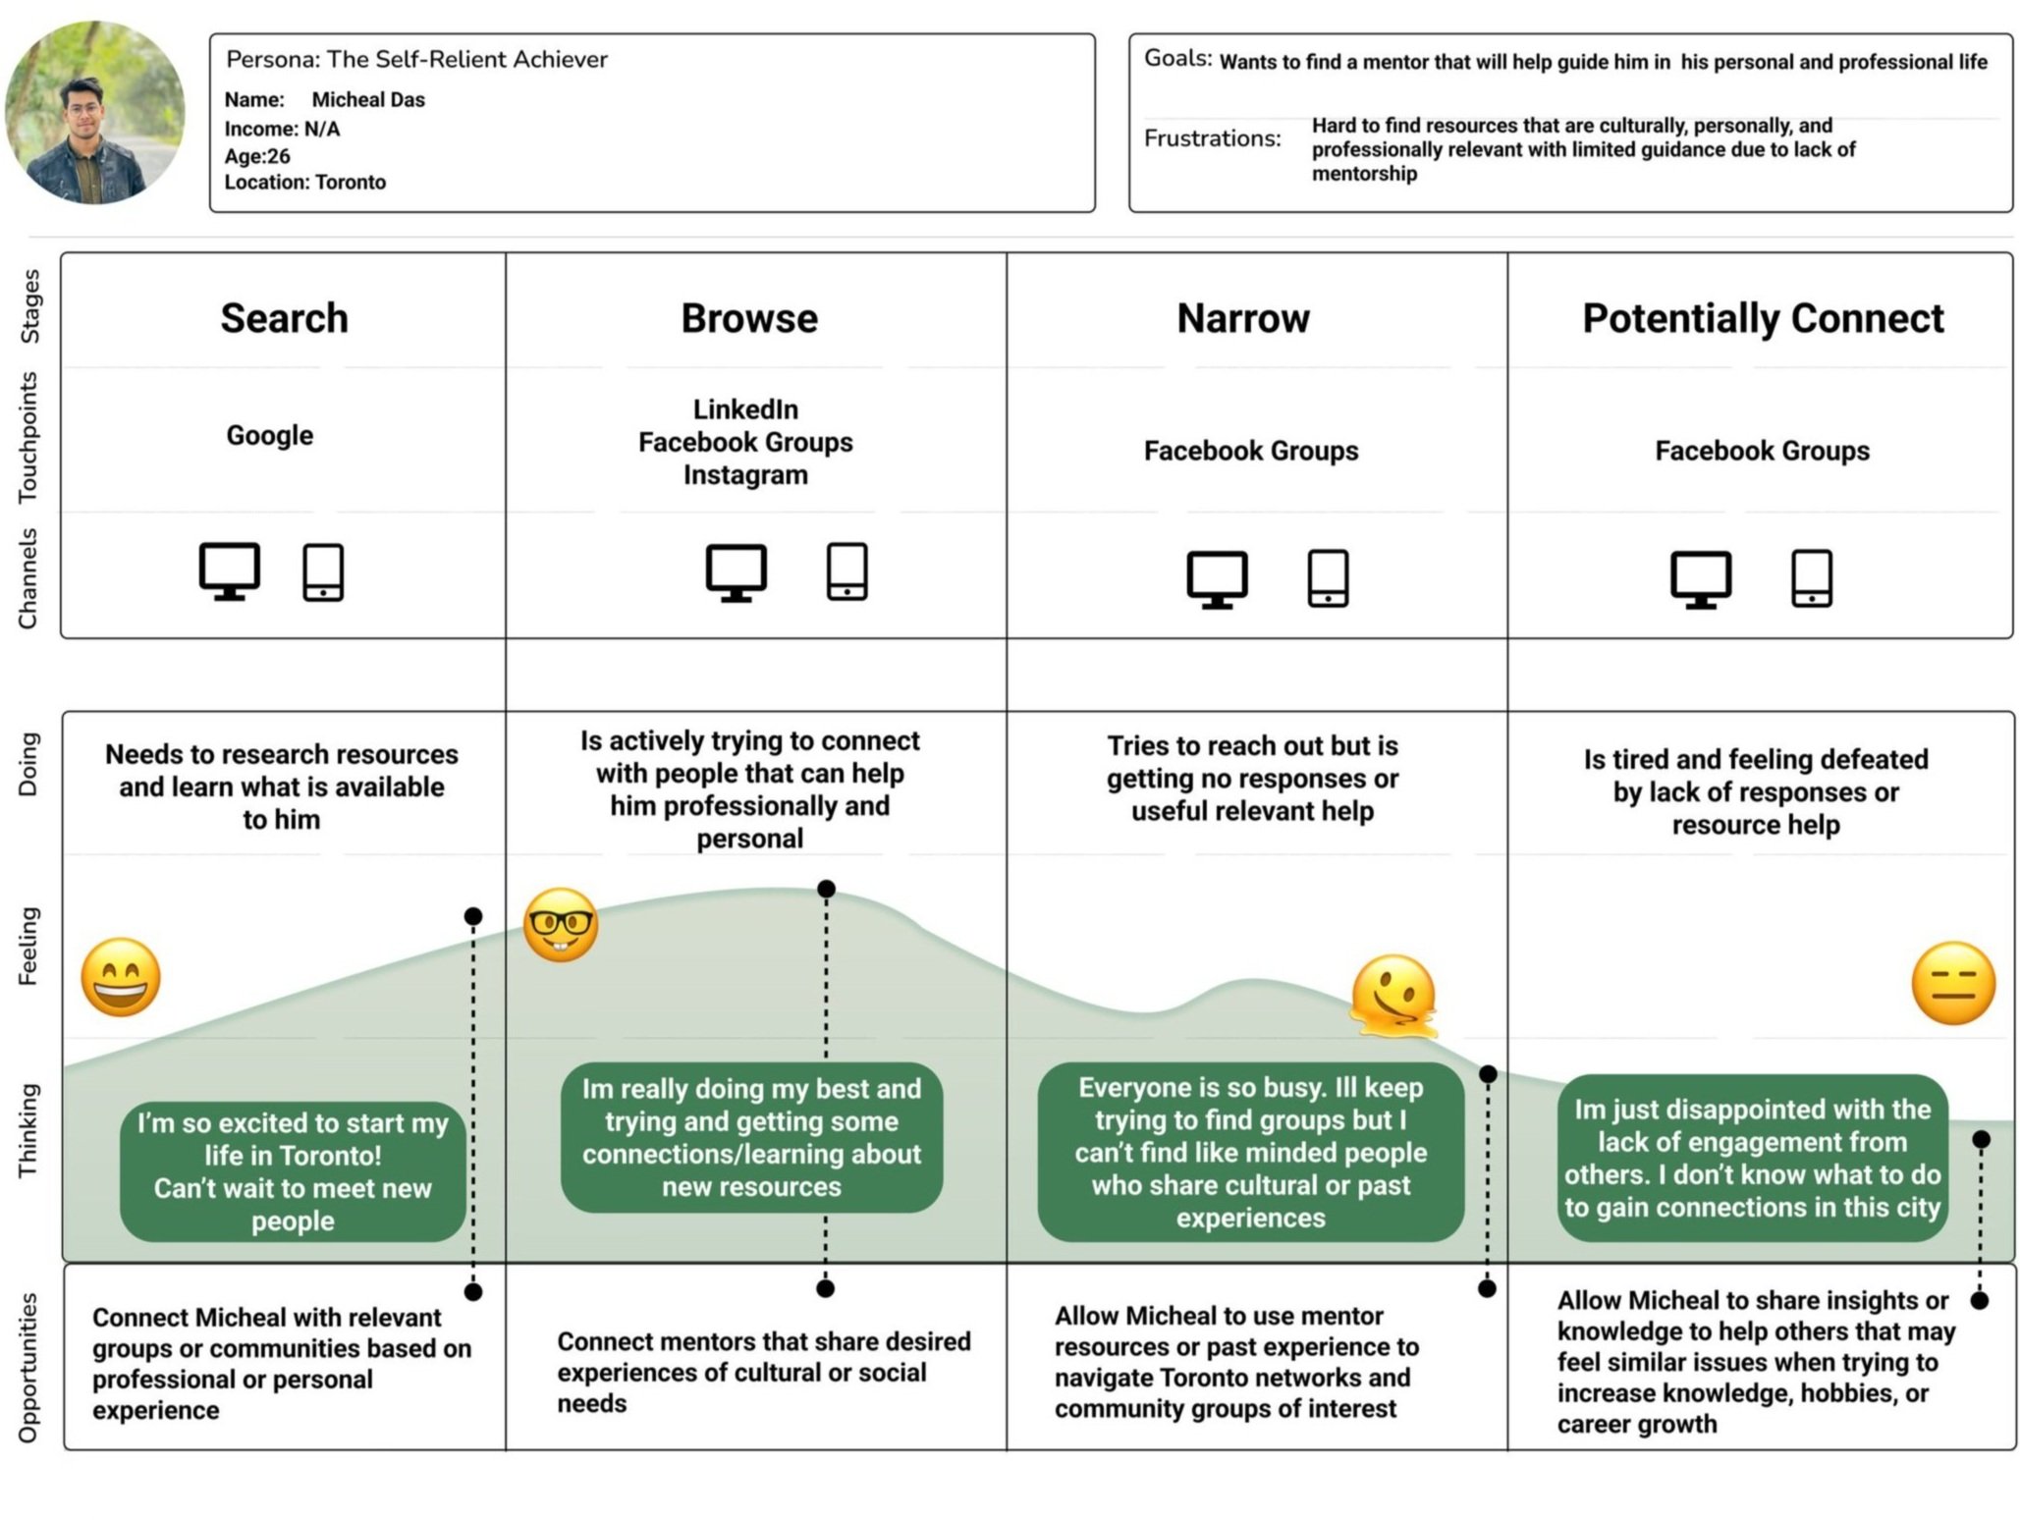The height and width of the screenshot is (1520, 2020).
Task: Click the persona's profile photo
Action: (94, 113)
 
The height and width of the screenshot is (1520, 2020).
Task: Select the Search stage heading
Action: (284, 318)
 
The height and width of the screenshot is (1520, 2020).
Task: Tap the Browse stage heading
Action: (749, 318)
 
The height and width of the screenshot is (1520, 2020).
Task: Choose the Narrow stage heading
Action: (1243, 318)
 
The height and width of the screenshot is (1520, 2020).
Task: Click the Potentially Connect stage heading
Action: (1763, 318)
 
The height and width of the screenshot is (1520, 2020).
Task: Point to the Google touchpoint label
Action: (270, 435)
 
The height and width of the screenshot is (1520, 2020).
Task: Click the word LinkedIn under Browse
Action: (745, 409)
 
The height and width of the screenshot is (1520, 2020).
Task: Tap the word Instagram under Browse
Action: (745, 475)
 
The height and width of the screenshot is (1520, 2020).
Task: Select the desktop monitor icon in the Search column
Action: (230, 570)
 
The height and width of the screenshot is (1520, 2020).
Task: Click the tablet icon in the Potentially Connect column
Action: (1812, 578)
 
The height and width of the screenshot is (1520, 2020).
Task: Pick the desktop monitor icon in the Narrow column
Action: (1217, 578)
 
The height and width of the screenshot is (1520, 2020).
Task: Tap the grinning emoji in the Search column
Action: (121, 977)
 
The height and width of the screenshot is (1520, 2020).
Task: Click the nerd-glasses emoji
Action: (561, 925)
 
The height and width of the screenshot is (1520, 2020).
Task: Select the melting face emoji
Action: (1392, 997)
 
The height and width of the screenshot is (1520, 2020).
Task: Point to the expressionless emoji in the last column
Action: (1953, 984)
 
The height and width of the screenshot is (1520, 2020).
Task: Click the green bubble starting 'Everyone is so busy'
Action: (1250, 1152)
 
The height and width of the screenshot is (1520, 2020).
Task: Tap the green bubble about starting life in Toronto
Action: (293, 1171)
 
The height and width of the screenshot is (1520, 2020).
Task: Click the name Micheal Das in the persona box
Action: (368, 100)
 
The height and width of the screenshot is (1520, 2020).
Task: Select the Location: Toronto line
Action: (305, 183)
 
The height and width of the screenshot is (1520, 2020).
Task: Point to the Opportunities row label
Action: (28, 1367)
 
